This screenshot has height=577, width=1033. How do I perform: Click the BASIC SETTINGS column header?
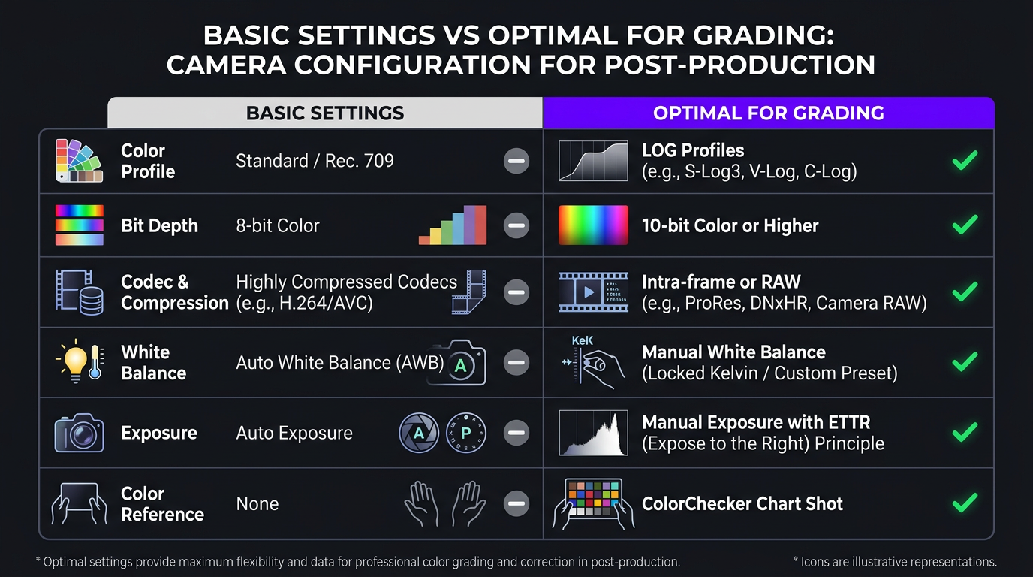325,113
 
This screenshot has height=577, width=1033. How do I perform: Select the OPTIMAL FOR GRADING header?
768,113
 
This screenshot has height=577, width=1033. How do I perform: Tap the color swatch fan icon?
79,160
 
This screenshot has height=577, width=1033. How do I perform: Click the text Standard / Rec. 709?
315,161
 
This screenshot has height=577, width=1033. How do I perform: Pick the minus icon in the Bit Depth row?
516,225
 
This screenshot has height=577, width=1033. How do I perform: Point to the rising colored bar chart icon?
453,225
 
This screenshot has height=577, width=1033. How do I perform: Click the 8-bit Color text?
278,225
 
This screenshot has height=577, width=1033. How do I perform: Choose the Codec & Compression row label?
174,292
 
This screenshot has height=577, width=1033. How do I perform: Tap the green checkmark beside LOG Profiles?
965,160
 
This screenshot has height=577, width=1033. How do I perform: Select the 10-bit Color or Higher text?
730,225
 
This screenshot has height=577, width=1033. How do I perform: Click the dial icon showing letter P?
465,433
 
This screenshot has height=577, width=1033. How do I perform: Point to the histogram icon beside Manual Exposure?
593,434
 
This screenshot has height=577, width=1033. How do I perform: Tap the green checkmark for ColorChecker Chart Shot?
965,502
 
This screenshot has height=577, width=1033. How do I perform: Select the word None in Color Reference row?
257,504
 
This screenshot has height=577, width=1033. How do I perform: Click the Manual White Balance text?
733,352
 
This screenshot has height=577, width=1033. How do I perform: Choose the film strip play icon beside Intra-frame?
593,292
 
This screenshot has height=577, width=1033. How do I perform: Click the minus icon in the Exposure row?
516,433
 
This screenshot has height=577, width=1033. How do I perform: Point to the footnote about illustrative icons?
894,561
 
